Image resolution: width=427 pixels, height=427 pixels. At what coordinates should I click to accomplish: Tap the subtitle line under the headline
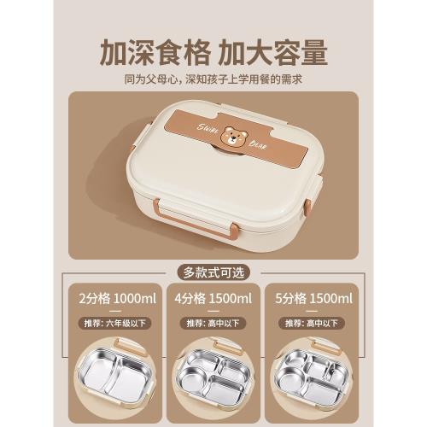tap(213, 79)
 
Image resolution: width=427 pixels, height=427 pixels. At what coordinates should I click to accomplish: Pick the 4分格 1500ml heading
tap(213, 298)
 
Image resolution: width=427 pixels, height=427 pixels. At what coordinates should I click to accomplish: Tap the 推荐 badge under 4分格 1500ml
tap(213, 324)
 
